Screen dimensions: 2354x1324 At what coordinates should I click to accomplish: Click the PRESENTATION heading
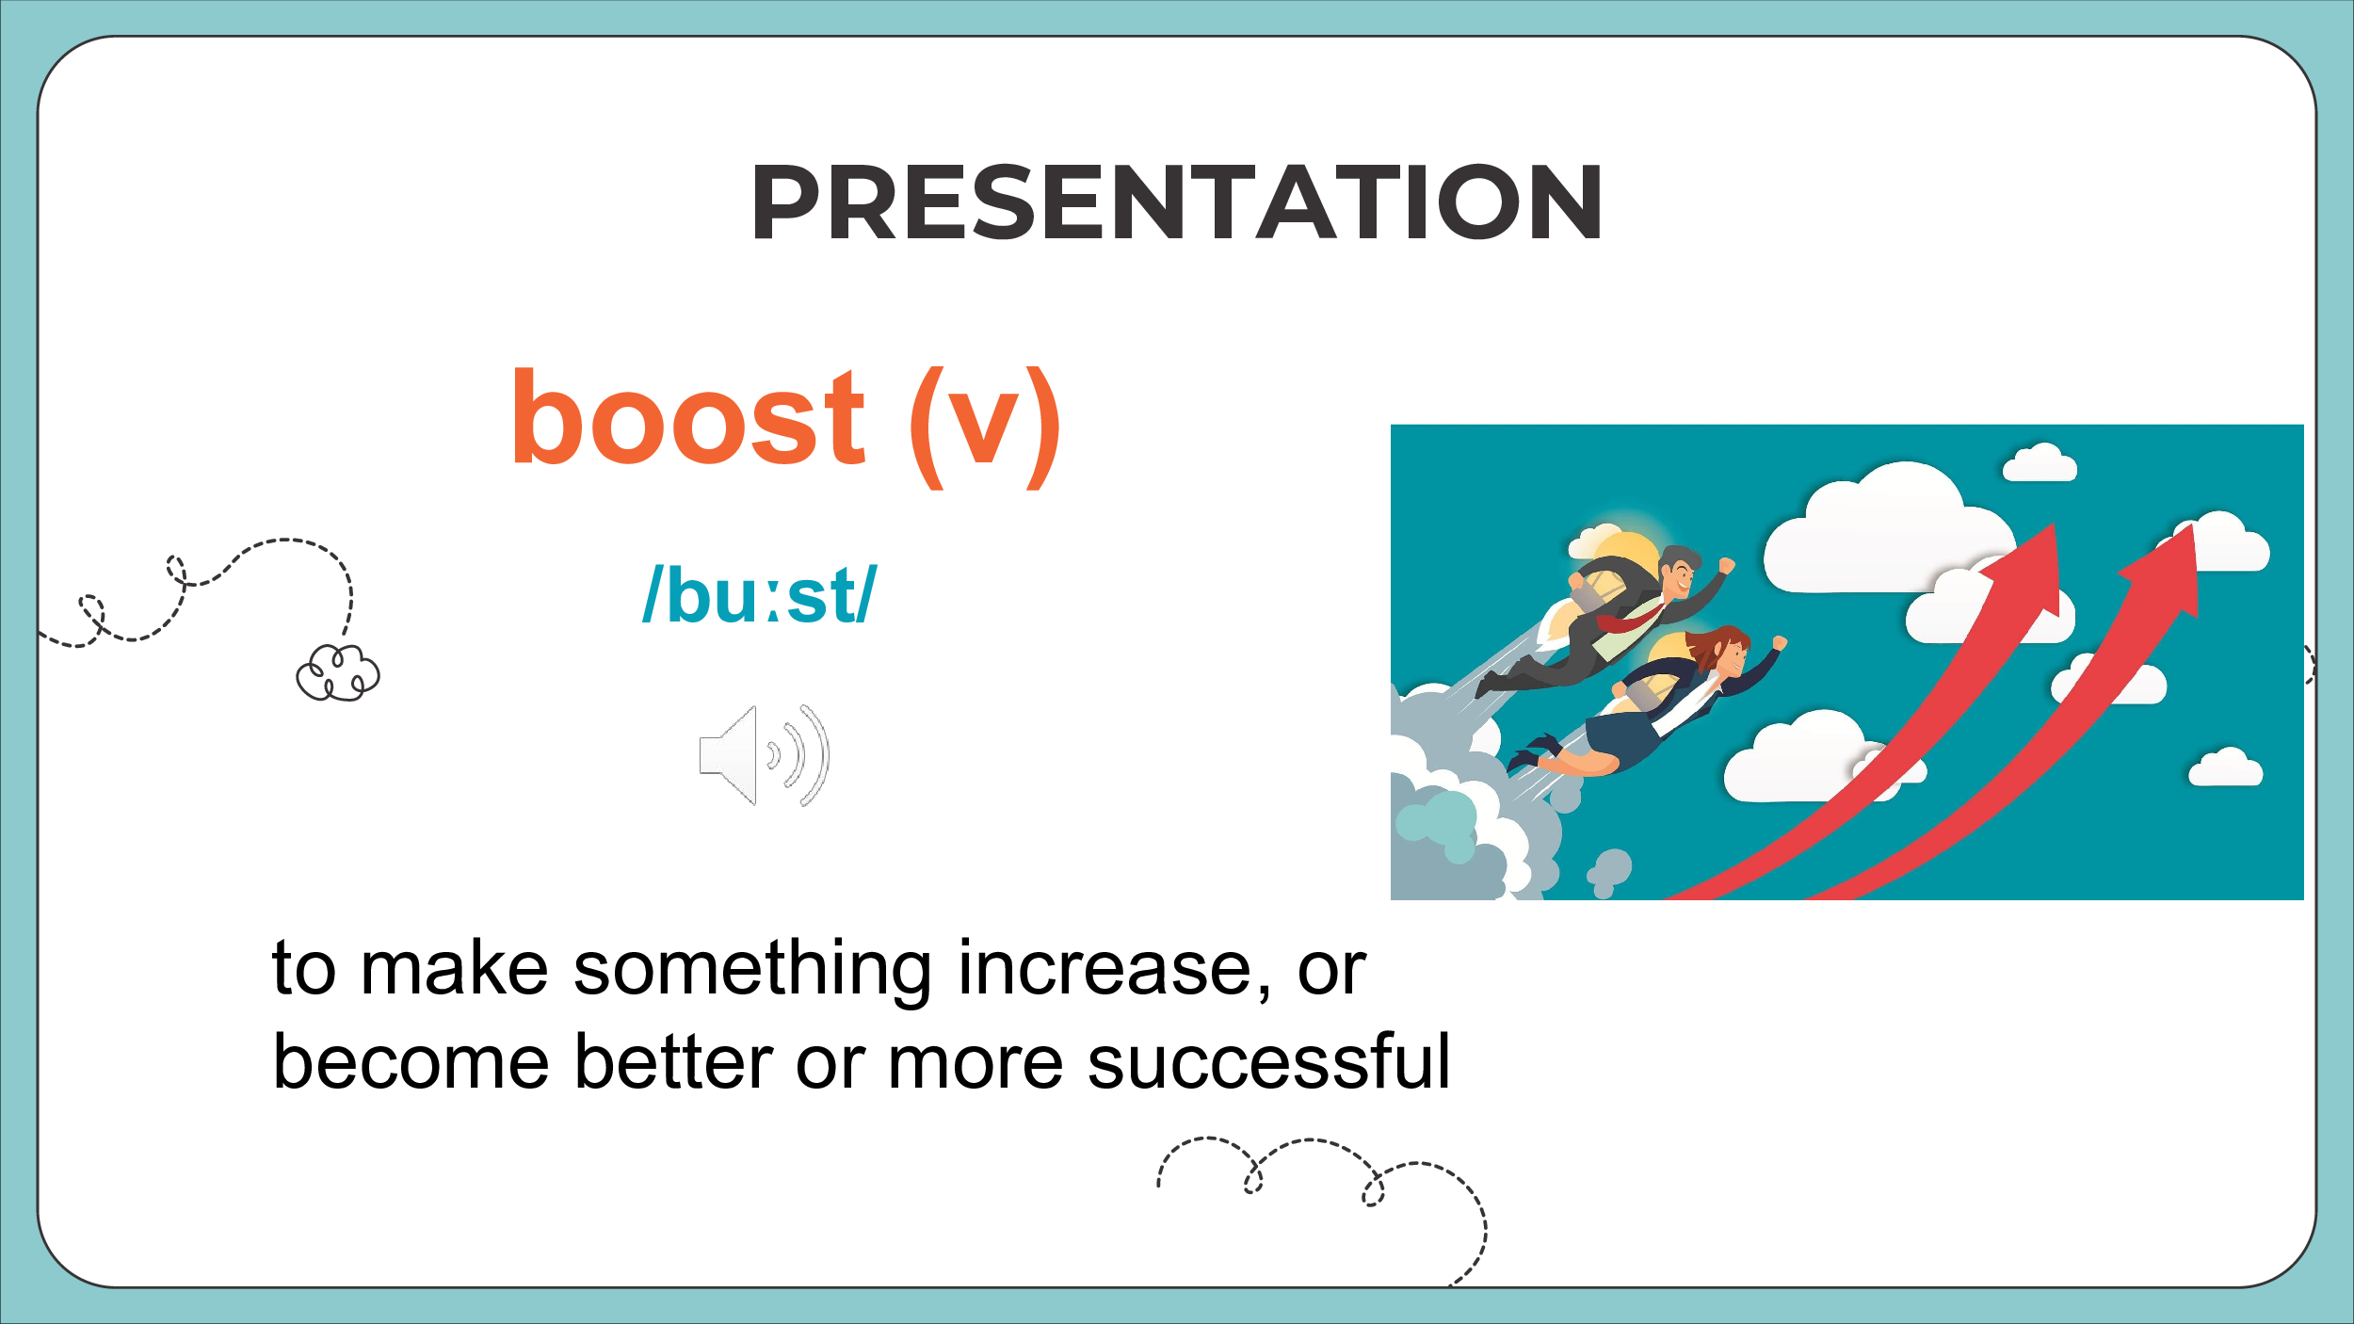pyautogui.click(x=1176, y=202)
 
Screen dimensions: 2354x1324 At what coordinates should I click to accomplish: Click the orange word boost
pyautogui.click(x=686, y=417)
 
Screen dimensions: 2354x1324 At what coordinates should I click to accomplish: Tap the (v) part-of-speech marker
pyautogui.click(x=985, y=427)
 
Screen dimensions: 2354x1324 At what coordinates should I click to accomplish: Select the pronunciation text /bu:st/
pyautogui.click(x=759, y=594)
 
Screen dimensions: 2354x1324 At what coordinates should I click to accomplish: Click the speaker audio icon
pyautogui.click(x=764, y=755)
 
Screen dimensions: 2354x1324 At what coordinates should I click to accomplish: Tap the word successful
pyautogui.click(x=1268, y=1063)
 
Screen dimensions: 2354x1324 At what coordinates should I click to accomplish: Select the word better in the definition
pyautogui.click(x=674, y=1063)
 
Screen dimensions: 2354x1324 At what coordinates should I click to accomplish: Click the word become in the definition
pyautogui.click(x=411, y=1063)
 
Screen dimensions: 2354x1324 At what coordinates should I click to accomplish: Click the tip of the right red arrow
pyautogui.click(x=2193, y=525)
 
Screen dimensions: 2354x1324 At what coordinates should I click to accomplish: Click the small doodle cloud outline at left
pyautogui.click(x=337, y=672)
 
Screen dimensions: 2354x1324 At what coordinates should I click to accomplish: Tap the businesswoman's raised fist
pyautogui.click(x=1779, y=643)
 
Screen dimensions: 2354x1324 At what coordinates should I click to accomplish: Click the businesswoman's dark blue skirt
pyautogui.click(x=1621, y=740)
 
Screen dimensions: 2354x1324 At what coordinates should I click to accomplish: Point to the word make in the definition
pyautogui.click(x=454, y=969)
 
